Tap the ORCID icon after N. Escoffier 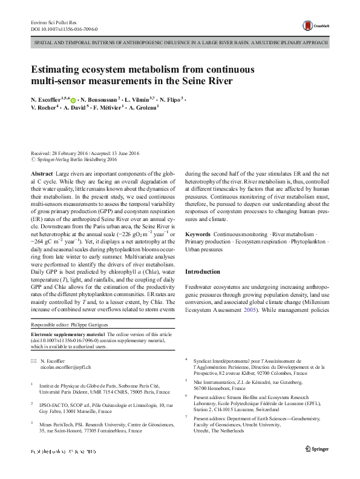click(x=73, y=99)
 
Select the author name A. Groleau click(x=140, y=108)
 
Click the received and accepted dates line click(x=85, y=153)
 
